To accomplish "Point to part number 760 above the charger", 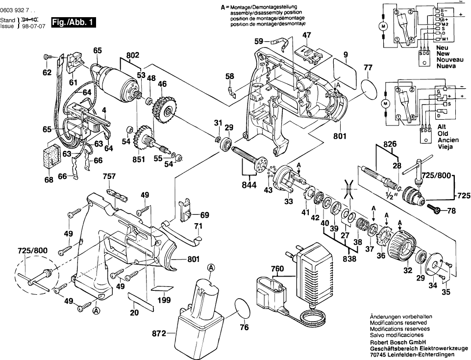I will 278,268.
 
